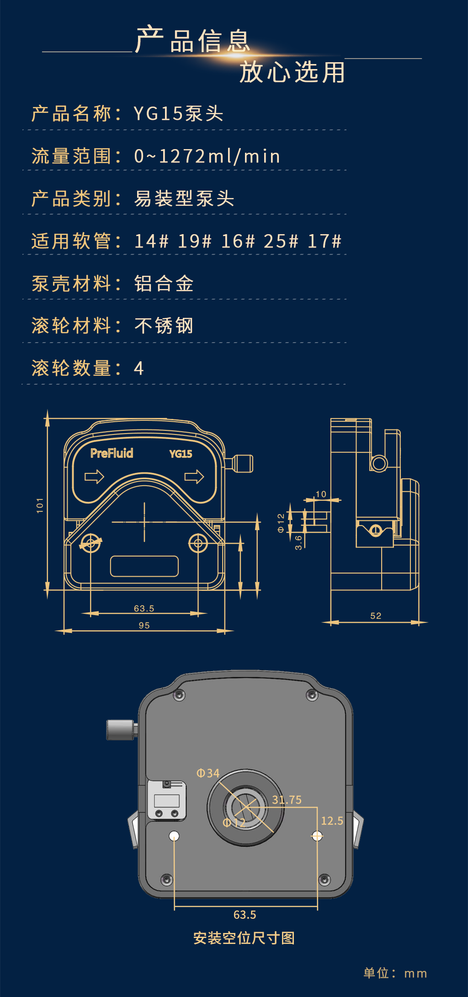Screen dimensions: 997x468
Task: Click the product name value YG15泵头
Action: click(x=178, y=113)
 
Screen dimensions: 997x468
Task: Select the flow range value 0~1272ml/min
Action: click(x=207, y=156)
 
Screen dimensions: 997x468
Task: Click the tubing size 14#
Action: click(x=151, y=241)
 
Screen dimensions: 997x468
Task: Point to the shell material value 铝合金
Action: click(x=164, y=284)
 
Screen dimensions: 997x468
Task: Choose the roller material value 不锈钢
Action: click(x=164, y=326)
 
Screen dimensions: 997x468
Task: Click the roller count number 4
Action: click(x=139, y=368)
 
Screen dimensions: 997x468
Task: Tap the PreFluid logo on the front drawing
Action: click(x=112, y=453)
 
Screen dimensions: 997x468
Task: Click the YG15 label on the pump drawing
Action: click(x=181, y=454)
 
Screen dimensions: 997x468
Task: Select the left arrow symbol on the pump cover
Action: click(x=95, y=477)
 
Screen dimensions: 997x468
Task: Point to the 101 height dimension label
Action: click(x=40, y=505)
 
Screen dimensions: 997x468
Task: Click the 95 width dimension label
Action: click(x=144, y=625)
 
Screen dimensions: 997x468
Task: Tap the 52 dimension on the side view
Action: click(x=376, y=616)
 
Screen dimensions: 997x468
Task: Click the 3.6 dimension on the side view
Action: click(x=298, y=542)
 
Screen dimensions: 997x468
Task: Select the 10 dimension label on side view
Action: click(x=321, y=494)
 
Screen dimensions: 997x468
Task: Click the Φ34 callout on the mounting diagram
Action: click(x=208, y=773)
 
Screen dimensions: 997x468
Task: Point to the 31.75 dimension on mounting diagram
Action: click(x=287, y=800)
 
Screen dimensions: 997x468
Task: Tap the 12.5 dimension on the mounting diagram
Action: click(x=332, y=820)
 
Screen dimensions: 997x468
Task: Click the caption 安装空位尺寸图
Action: click(x=244, y=938)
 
